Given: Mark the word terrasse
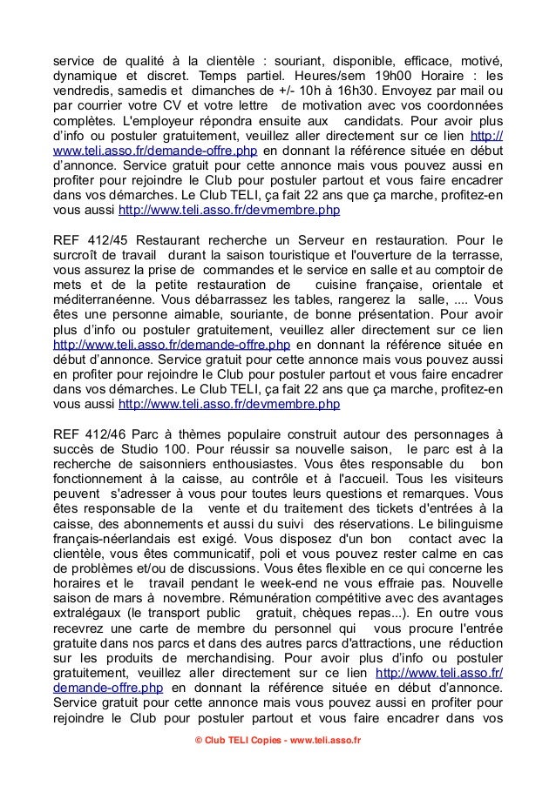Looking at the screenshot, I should click(473, 255).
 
